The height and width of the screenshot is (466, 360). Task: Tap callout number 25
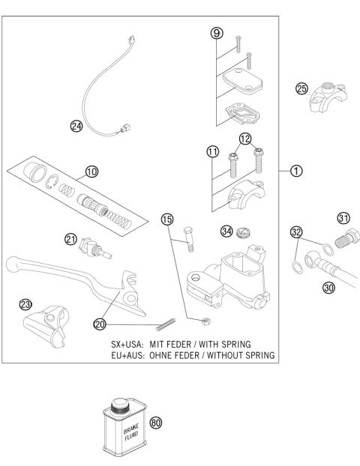coord(302,89)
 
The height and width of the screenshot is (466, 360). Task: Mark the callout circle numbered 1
coord(297,171)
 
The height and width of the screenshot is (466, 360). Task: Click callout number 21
coord(70,238)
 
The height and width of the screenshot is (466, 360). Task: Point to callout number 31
coord(344,218)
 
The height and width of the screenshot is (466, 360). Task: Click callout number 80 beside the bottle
coord(156,422)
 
